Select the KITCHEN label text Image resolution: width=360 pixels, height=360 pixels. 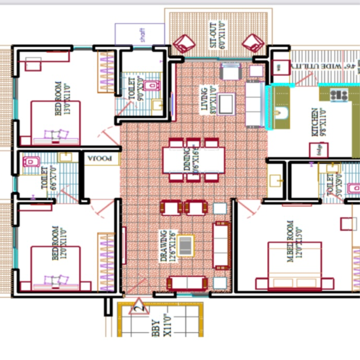(x=315, y=122)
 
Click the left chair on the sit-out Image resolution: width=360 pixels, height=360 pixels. (x=184, y=44)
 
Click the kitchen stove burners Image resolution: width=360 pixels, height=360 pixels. (x=339, y=95)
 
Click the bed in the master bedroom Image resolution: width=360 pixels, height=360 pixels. (x=295, y=266)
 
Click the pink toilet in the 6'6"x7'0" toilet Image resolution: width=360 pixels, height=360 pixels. (x=30, y=162)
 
